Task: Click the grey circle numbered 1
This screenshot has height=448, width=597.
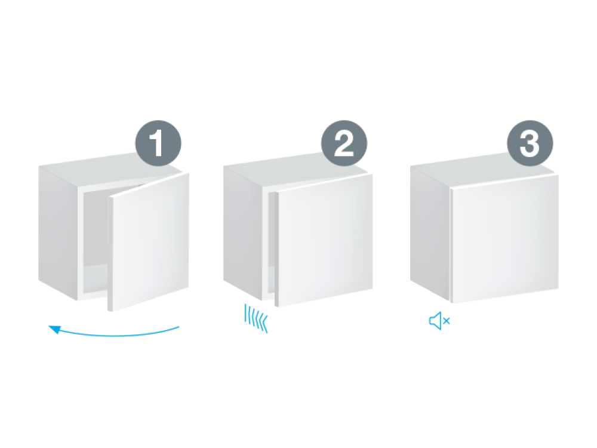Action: (x=158, y=143)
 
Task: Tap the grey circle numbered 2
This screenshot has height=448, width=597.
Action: (x=344, y=143)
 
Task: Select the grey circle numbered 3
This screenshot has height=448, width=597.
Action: (x=530, y=143)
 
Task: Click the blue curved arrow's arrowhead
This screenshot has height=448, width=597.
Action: (x=55, y=329)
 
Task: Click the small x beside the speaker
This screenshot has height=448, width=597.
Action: (x=447, y=321)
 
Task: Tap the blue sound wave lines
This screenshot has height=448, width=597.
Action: (x=256, y=318)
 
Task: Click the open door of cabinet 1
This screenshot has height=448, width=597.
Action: (x=149, y=243)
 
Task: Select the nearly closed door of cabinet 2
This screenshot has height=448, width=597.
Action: (x=324, y=240)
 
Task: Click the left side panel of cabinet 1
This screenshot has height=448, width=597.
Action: (x=58, y=232)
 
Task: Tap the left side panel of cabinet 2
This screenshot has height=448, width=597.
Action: (x=243, y=232)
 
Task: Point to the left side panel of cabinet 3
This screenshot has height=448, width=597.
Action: (x=430, y=233)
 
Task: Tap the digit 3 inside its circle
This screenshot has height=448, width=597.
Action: (x=530, y=143)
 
